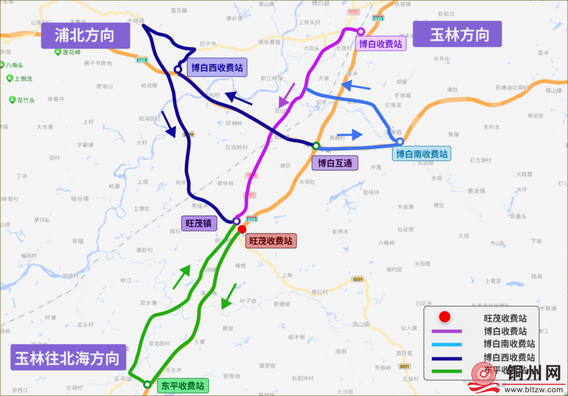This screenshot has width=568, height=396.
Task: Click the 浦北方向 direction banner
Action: point(85,36)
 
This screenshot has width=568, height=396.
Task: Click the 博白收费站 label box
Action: point(381,44)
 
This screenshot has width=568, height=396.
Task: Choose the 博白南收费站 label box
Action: point(422,154)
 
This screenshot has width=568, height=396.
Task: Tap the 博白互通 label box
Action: point(334,163)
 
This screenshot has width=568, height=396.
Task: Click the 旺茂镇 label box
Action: point(199,223)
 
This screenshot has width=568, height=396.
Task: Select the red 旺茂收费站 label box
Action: point(270,241)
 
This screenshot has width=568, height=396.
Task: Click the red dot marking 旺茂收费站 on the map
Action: point(242,229)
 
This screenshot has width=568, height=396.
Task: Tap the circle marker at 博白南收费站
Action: point(400,141)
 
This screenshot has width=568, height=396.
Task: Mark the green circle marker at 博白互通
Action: point(316,145)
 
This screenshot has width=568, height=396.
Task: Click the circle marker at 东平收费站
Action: point(148,384)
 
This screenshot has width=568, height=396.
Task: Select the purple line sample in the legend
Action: point(446,331)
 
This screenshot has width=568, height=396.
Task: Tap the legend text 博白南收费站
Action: point(509,344)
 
